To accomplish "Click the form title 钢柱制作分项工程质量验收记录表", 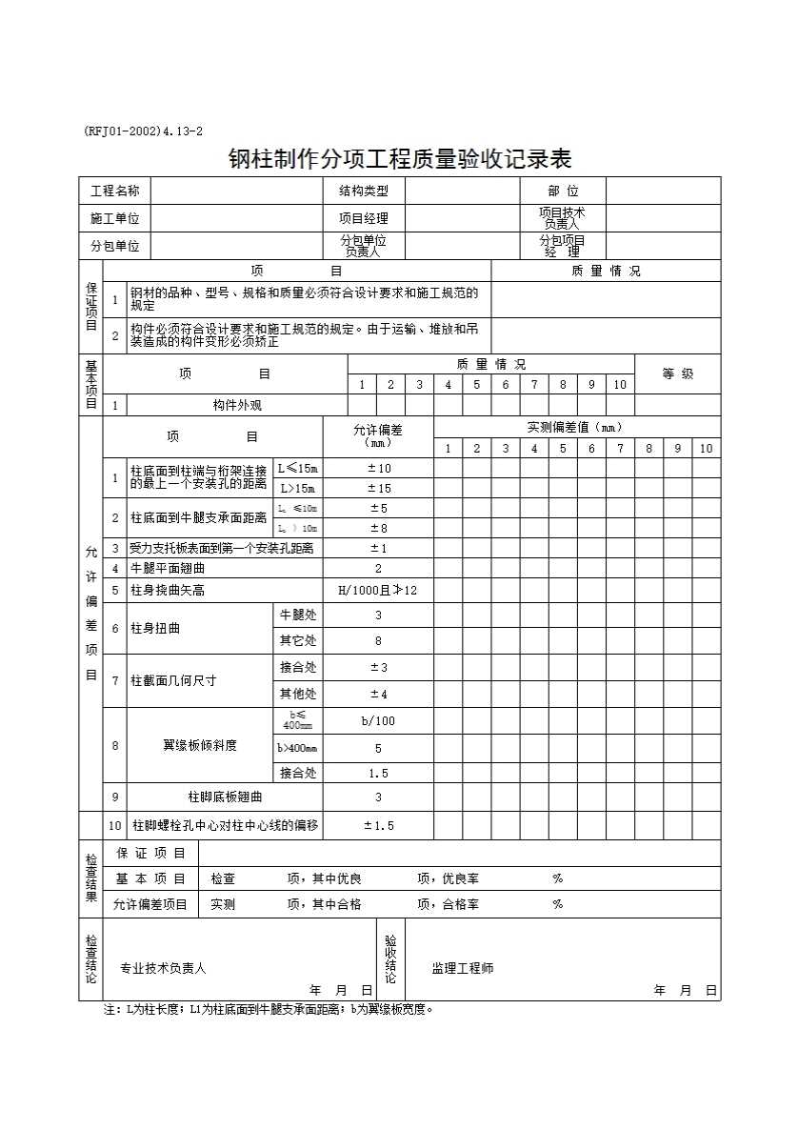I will pos(400,157).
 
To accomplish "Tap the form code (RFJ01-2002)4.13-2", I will pos(144,131).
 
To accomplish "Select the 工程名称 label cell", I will pos(115,192).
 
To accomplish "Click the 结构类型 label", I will pos(364,192).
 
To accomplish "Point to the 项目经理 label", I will pos(364,218).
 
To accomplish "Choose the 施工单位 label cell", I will pos(115,218).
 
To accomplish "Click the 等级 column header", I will pos(677,373).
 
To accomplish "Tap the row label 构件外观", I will pos(237,405).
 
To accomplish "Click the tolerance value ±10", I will pos(378,468).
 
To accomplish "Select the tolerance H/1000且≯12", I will pos(378,591).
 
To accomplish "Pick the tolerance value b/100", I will pos(378,721).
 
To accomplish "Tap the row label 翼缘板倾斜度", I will pos(199,745).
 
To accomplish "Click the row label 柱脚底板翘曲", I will pos(225,797).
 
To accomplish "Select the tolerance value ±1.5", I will pos(378,825).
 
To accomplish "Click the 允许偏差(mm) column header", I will pos(378,435).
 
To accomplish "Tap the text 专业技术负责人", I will pos(163,968).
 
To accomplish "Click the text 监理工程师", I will pos(463,968).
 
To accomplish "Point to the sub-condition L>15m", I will pos(297,488).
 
